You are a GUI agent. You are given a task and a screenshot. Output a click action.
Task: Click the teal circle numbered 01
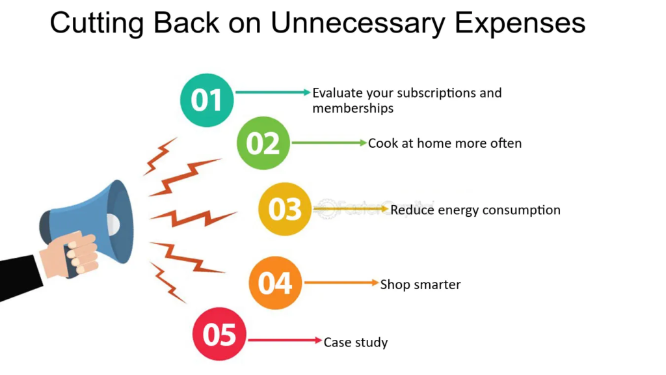tap(207, 100)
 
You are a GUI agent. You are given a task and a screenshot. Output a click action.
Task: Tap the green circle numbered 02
tap(263, 143)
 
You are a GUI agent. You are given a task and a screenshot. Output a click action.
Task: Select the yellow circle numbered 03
tap(285, 209)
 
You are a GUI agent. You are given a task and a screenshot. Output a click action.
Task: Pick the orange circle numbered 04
tap(275, 283)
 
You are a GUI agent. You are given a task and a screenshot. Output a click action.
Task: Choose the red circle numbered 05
tap(219, 334)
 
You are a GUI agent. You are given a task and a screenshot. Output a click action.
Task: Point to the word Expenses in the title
tap(520, 24)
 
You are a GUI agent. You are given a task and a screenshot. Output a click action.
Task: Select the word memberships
tap(353, 109)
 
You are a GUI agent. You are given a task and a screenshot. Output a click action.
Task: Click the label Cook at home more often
tap(445, 143)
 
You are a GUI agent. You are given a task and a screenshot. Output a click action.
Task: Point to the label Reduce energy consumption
tap(475, 210)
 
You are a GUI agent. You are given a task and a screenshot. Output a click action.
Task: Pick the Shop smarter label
tap(421, 285)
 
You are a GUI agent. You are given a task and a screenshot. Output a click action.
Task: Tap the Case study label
tap(356, 342)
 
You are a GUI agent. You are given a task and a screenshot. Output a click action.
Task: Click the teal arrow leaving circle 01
tap(273, 92)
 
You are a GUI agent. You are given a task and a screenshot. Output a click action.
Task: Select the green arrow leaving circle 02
tap(329, 143)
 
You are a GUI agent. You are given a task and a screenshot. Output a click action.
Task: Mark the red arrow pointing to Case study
tap(285, 340)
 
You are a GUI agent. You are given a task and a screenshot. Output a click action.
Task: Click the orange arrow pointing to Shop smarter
tap(341, 283)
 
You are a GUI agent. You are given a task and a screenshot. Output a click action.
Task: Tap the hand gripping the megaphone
tap(72, 255)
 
